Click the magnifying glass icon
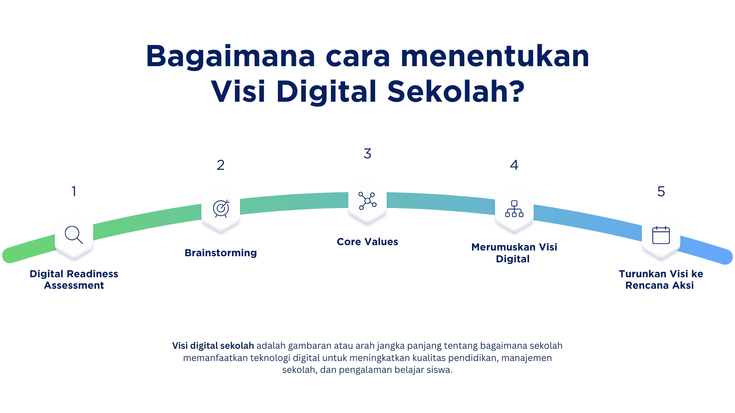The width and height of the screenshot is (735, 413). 74,235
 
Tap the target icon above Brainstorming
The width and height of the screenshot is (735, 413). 221,208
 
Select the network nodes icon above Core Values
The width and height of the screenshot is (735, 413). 367,201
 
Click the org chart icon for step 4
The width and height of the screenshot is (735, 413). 514,209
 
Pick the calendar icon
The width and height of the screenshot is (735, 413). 661,235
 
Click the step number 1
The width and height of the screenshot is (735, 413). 74,191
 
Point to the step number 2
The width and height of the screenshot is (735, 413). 220,165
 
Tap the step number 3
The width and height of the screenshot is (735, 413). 367,154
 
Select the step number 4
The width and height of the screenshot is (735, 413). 514,165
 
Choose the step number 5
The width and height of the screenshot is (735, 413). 661,191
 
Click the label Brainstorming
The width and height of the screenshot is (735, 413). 220,253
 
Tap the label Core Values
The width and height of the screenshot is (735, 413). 367,242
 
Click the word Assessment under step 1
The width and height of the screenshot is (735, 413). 74,285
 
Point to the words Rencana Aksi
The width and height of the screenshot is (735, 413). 660,285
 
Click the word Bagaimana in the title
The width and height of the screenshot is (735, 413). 230,57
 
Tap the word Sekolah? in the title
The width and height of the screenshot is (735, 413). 456,92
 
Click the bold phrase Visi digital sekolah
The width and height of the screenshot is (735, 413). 213,346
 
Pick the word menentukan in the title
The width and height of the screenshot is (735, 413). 495,57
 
